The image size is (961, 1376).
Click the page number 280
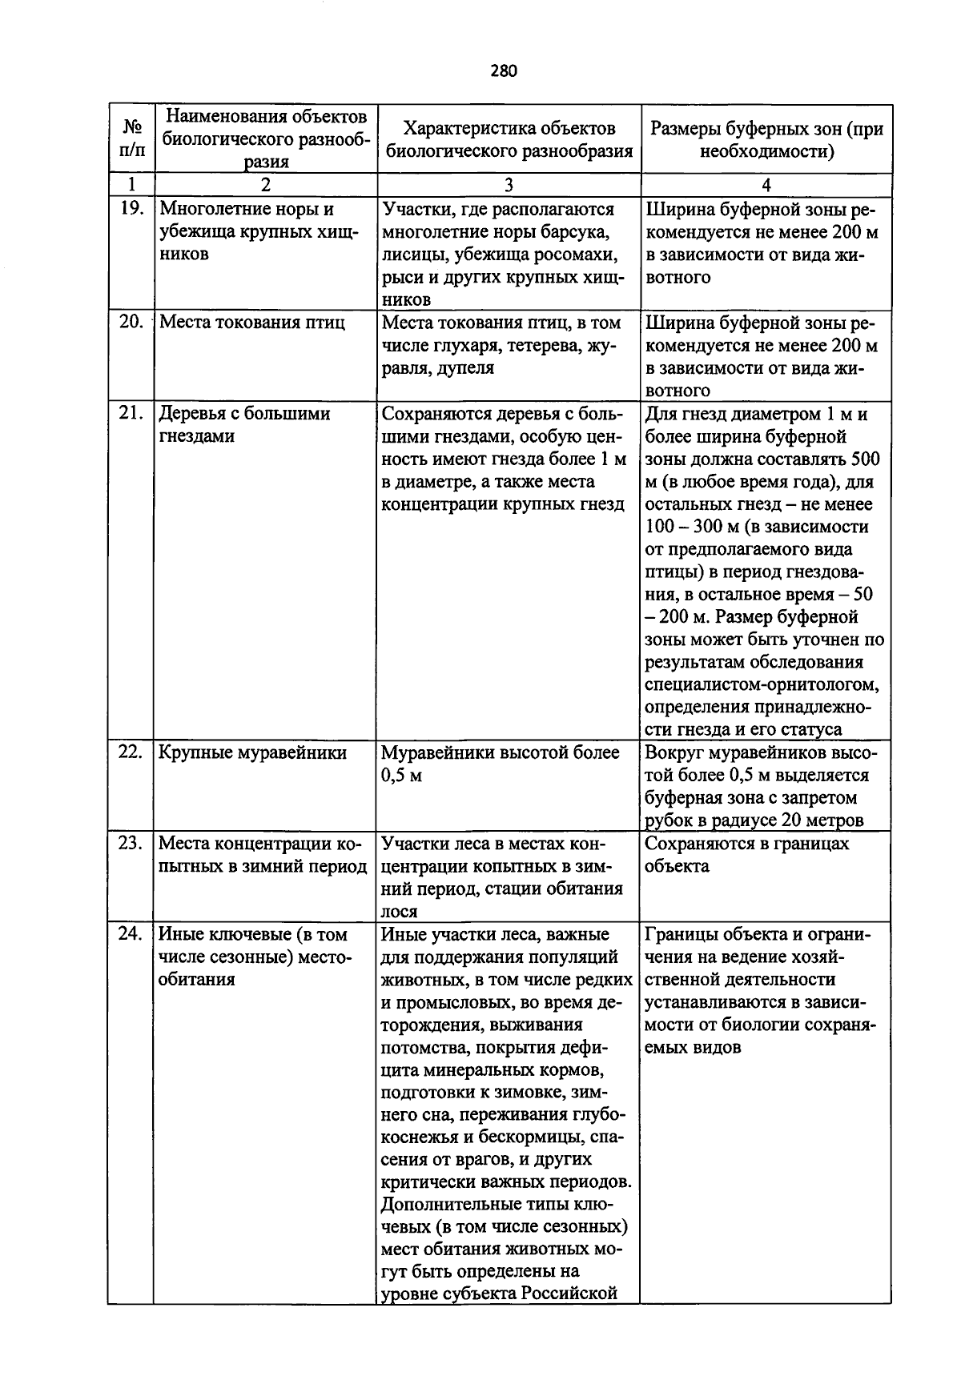click(x=504, y=70)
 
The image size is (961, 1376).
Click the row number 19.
click(x=131, y=210)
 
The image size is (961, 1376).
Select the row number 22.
click(x=131, y=752)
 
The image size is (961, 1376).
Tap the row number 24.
click(x=131, y=934)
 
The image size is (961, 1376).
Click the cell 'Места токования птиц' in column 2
click(x=252, y=323)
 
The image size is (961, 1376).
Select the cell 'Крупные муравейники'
click(x=252, y=752)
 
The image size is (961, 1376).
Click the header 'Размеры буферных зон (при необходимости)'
click(x=766, y=139)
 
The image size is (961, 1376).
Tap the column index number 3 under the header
click(x=509, y=185)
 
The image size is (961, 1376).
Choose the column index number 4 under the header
click(x=766, y=185)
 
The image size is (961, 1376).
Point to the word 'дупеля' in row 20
click(x=465, y=368)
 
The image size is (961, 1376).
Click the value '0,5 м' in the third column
click(x=401, y=776)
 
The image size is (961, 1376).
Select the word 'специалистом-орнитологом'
click(x=762, y=684)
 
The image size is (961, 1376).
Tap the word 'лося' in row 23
click(x=398, y=911)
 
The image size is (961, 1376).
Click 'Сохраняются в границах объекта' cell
click(x=746, y=854)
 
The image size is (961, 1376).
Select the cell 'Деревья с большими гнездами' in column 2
click(x=244, y=425)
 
